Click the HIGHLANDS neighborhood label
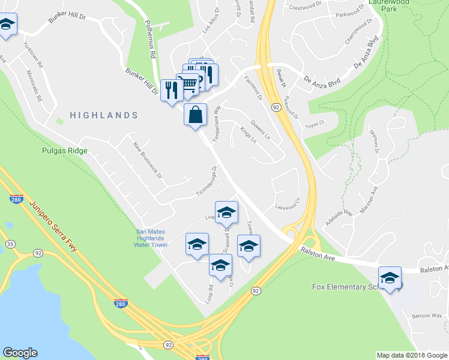(103, 115)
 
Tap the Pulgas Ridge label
(65, 151)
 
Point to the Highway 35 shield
(10, 244)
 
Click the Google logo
(20, 353)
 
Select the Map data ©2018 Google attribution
(412, 355)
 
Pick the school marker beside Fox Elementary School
(390, 278)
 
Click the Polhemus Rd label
(150, 41)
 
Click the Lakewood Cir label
(287, 204)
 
